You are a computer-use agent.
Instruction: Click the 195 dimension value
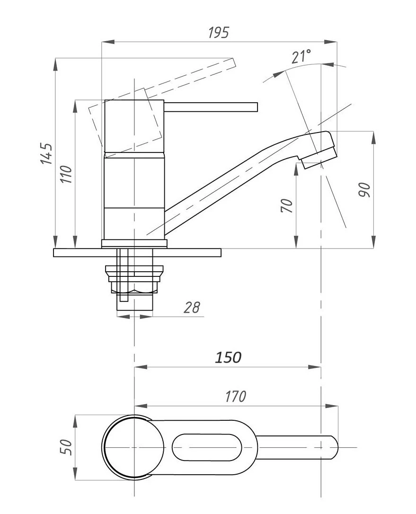click(219, 33)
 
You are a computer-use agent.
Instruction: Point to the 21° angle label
click(301, 56)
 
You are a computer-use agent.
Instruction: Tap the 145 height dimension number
click(46, 153)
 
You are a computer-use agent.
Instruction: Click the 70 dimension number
click(287, 205)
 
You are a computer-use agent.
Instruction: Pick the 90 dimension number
click(364, 190)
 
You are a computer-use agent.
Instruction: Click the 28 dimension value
click(192, 308)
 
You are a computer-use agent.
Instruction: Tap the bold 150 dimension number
click(228, 357)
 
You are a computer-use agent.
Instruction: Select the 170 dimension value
click(235, 396)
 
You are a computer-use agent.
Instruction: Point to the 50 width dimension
click(66, 447)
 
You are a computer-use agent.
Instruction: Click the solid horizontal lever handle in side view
click(211, 107)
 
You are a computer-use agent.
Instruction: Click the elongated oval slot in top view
click(207, 447)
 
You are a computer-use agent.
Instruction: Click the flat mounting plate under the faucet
click(137, 252)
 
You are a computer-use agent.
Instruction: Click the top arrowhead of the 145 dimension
click(55, 64)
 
